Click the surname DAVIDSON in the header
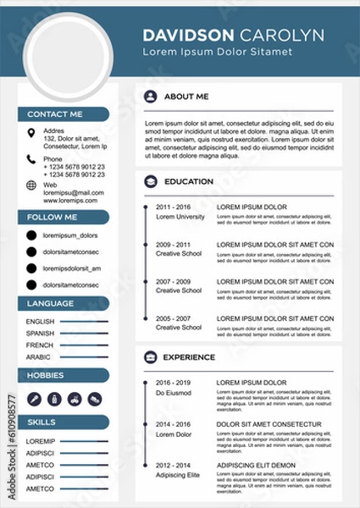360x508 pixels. (189, 35)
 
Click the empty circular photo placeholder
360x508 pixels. (69, 52)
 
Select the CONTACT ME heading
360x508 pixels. (55, 113)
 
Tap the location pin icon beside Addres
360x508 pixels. (31, 132)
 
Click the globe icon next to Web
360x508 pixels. (31, 185)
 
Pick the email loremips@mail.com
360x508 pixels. (74, 193)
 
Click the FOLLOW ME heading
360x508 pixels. (53, 218)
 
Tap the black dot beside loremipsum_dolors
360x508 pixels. (31, 235)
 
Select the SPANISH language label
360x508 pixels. (40, 334)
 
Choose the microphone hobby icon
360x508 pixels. (35, 398)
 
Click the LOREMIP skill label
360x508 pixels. (40, 441)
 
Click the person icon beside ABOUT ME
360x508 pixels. (150, 97)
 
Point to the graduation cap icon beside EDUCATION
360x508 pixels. (150, 181)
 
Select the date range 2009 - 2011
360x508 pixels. (173, 245)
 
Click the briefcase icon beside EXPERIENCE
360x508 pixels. (150, 357)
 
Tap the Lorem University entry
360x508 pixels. (180, 217)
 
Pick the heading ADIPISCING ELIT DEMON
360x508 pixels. (257, 465)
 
